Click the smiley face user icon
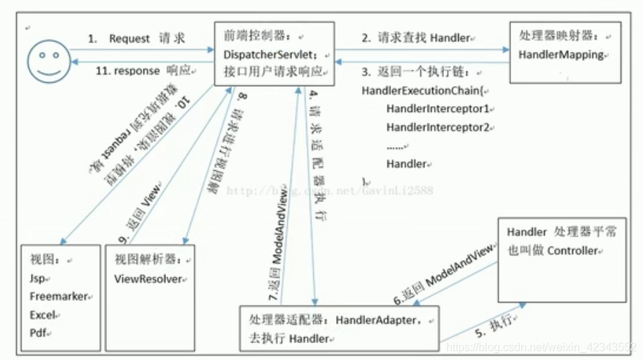pos(43,56)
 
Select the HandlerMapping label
pos(562,55)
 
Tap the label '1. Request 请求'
pos(138,39)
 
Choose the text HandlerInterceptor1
pos(439,109)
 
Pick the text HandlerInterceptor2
pos(439,127)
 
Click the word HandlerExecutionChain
pos(420,91)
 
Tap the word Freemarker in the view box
pos(60,296)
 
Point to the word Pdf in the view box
pos(38,333)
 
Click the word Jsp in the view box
pos(38,278)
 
